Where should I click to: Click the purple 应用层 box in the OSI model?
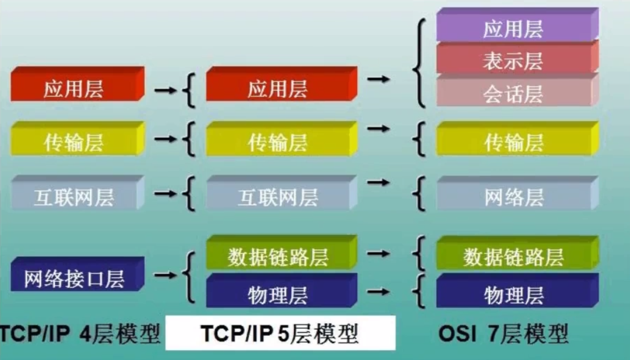click(513, 29)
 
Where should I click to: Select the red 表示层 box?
click(513, 61)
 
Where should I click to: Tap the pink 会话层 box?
click(513, 94)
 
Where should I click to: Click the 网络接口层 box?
click(74, 279)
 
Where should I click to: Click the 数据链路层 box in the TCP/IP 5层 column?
click(278, 257)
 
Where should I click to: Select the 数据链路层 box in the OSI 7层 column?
click(513, 257)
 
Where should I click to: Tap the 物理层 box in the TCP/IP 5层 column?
click(278, 295)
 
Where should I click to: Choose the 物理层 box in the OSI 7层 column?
click(513, 295)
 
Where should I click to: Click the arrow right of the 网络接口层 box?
click(166, 275)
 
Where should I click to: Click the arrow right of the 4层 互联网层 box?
click(166, 193)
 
